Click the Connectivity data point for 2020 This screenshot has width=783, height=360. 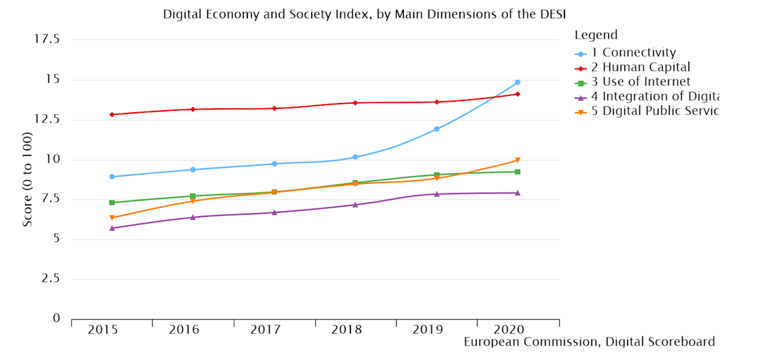517,82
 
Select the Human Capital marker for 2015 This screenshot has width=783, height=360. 112,115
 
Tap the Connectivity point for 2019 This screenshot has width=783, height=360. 437,129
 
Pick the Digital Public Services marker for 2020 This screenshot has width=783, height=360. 517,160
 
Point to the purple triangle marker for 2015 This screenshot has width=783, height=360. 112,228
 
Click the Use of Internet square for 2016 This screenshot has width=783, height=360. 193,196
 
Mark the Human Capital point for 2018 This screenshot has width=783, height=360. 355,103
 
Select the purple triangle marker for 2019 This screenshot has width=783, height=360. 437,194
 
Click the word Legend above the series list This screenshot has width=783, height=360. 596,35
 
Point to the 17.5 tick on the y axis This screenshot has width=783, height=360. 46,40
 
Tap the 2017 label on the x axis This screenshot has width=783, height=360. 266,329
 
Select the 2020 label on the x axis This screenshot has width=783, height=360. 509,329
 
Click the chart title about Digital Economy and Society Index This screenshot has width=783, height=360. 363,14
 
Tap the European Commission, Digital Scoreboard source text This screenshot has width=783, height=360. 589,342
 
